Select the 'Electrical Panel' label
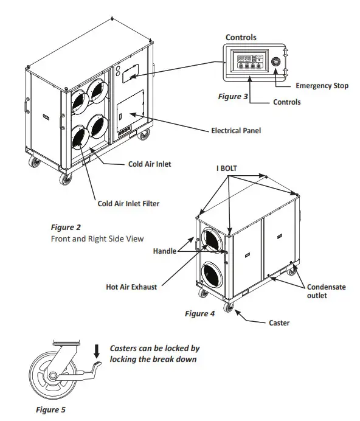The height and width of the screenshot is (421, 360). pos(236,130)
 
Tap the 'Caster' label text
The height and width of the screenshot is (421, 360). pos(279,322)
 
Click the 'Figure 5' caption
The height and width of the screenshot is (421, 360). pos(49,410)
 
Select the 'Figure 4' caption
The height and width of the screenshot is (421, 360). pos(200,314)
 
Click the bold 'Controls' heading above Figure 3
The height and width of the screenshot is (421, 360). pos(241,37)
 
